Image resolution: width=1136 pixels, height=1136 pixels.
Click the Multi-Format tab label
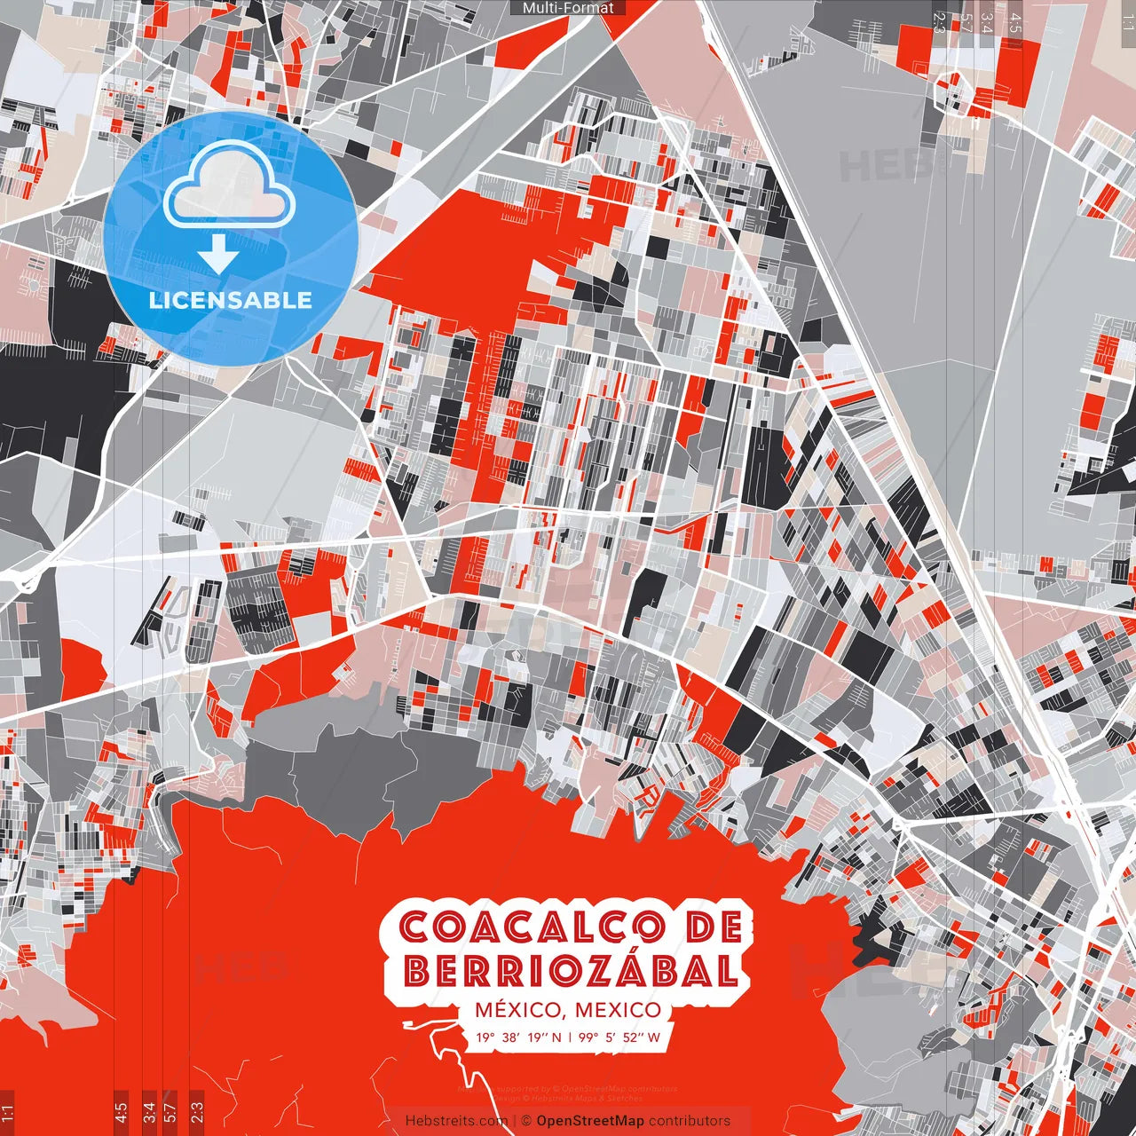tap(568, 8)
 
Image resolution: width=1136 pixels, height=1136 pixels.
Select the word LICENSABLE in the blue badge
tap(231, 300)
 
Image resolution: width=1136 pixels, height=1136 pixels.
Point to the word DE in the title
tap(714, 927)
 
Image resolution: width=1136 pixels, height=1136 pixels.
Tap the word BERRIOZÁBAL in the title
tap(571, 972)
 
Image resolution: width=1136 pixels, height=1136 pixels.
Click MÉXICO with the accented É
tap(518, 1010)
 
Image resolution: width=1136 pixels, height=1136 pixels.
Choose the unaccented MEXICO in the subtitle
tap(619, 1010)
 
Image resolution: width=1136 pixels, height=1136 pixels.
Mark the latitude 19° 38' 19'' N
tap(518, 1037)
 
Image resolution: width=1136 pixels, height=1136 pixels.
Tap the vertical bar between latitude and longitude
tap(569, 1037)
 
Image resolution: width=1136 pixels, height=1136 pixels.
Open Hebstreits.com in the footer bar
tap(456, 1121)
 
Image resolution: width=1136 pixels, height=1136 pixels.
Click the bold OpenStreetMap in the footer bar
tap(590, 1121)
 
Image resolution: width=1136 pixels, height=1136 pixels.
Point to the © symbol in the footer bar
tap(525, 1121)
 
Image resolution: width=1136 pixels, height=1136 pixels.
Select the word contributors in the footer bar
tap(690, 1121)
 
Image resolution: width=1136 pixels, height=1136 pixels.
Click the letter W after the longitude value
tap(653, 1037)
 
